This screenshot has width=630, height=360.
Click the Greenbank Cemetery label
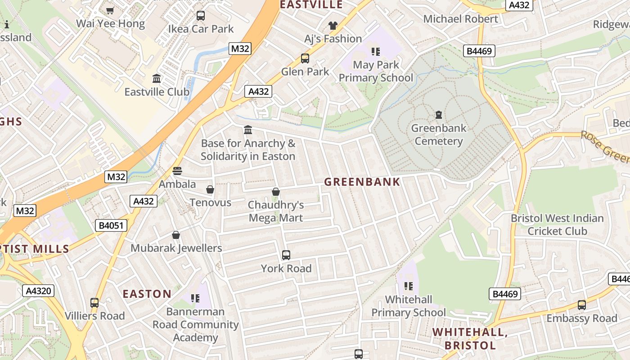[438, 135]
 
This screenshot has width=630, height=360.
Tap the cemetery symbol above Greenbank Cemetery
[439, 115]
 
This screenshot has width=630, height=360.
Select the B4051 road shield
[111, 225]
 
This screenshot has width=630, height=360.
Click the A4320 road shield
[38, 291]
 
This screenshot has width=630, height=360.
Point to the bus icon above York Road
[286, 255]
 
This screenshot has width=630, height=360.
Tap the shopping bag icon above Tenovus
[210, 189]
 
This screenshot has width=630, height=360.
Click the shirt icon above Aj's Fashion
[333, 26]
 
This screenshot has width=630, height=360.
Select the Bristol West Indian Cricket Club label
[557, 225]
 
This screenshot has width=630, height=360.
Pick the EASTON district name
[147, 294]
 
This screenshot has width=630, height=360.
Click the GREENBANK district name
[362, 182]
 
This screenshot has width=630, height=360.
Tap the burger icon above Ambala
[177, 171]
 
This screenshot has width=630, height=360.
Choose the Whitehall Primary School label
[409, 306]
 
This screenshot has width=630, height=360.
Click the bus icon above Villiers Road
[94, 303]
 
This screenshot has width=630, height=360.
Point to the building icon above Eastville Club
[157, 79]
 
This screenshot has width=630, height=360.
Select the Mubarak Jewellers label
[176, 248]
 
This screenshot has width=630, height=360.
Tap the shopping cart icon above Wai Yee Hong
[110, 10]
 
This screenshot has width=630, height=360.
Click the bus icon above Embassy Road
[581, 305]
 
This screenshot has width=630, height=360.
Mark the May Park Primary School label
[376, 71]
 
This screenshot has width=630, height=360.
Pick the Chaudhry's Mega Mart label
[276, 211]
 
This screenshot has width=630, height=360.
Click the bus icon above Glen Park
[305, 58]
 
